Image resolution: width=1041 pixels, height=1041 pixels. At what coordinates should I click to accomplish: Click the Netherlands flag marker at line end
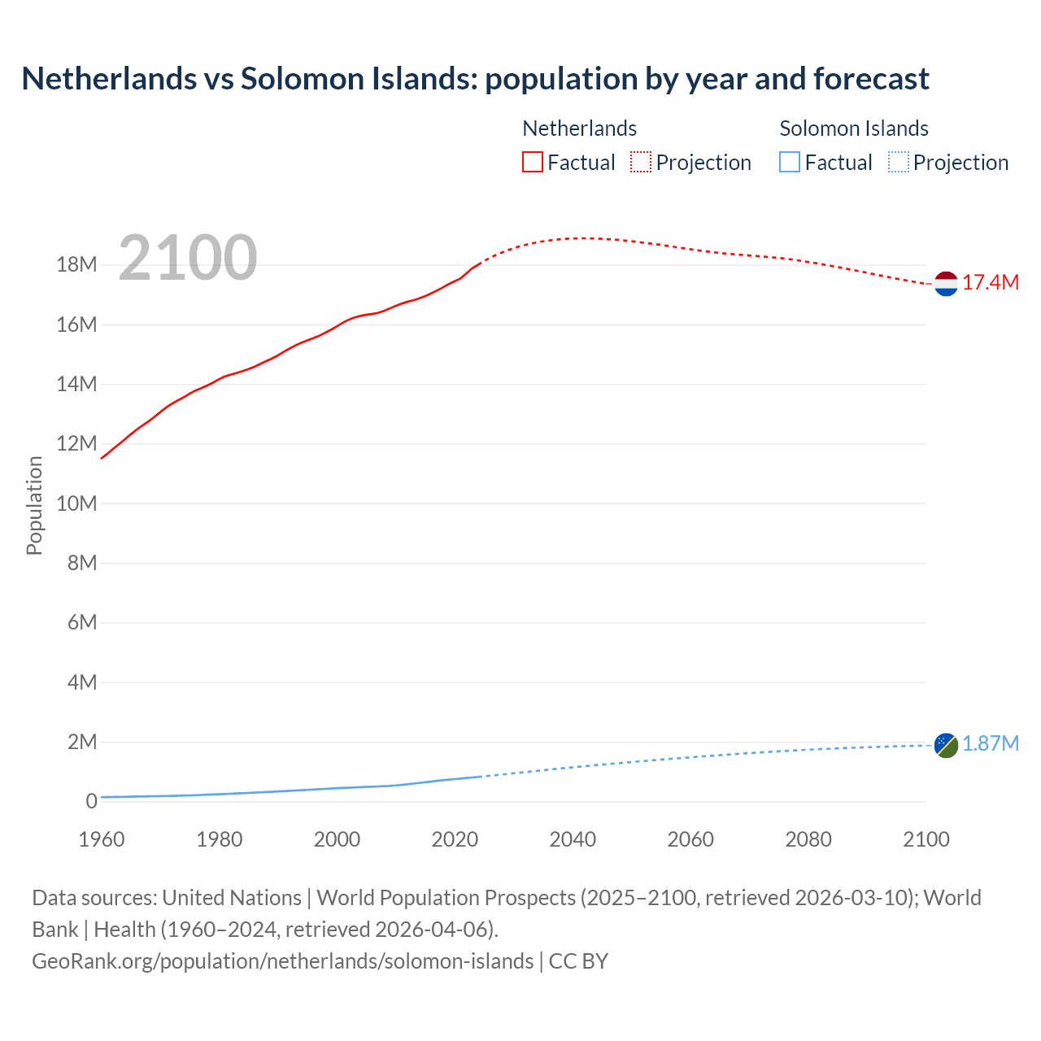click(946, 284)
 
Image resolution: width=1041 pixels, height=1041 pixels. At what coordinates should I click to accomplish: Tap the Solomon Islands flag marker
click(946, 745)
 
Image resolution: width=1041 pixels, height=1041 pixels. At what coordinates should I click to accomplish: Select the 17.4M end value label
click(991, 283)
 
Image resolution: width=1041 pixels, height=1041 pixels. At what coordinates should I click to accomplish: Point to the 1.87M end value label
click(991, 744)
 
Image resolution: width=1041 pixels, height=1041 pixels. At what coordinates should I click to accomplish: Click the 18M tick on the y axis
click(76, 265)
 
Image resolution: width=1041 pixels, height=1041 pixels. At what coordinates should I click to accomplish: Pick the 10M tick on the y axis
click(76, 503)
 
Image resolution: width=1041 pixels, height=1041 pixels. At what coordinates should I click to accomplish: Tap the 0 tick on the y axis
click(91, 802)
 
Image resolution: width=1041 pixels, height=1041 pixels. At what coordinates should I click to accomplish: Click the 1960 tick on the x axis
click(102, 839)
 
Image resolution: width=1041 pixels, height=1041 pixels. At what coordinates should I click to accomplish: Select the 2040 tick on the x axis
click(573, 839)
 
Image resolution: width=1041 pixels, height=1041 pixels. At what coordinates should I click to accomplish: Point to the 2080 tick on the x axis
click(808, 839)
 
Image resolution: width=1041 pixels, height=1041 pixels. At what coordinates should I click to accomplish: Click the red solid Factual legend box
click(533, 163)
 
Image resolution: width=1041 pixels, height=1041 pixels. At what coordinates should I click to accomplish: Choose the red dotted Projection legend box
click(641, 163)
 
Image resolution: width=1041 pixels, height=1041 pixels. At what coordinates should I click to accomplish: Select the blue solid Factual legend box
click(790, 163)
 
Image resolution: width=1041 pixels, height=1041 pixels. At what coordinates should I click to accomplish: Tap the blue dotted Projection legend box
click(899, 163)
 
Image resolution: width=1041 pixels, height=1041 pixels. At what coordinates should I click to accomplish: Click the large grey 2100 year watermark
click(188, 259)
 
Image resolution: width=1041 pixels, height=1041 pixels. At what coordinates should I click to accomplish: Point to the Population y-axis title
click(34, 505)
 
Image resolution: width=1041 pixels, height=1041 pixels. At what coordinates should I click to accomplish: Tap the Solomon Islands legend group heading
click(854, 128)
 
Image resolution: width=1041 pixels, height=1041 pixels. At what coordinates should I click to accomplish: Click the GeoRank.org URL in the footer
click(283, 961)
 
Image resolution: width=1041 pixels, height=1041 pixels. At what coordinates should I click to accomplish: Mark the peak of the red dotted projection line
click(584, 238)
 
